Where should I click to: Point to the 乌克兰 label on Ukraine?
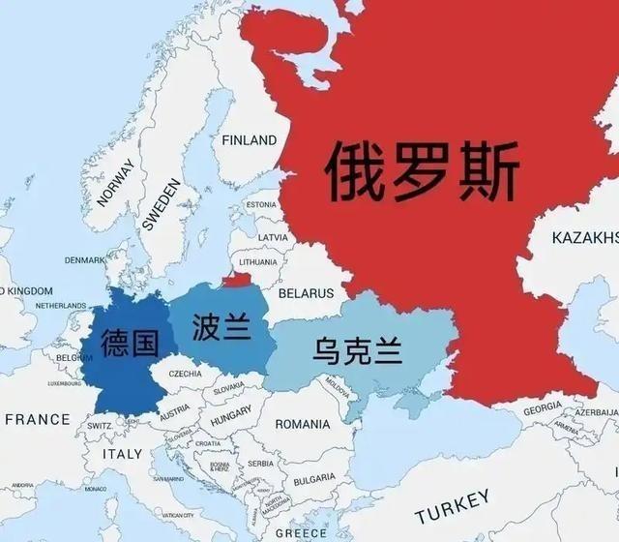(357, 349)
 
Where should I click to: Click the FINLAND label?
(249, 140)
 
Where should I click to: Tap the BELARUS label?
(306, 292)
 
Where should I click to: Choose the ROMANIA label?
(303, 424)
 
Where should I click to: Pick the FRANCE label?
(39, 419)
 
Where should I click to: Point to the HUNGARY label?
(229, 411)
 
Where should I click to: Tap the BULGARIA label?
(314, 479)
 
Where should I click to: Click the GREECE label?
(301, 532)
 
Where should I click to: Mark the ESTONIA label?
(261, 205)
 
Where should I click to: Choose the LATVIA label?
(273, 237)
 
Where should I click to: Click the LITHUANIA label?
(258, 262)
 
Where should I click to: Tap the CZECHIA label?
(185, 374)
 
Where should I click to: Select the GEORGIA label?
(542, 409)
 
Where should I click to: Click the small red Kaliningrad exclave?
(235, 281)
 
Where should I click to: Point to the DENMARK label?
(85, 260)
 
